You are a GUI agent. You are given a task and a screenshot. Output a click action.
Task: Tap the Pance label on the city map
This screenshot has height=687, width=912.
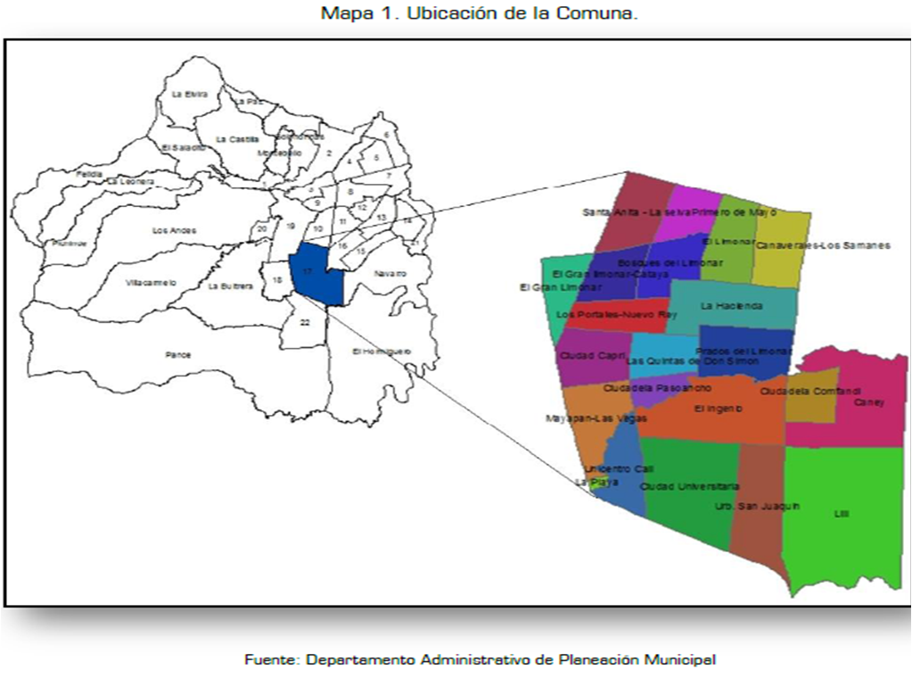[x=178, y=355]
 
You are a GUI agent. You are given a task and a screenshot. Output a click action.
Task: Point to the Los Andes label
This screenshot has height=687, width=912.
[x=174, y=231]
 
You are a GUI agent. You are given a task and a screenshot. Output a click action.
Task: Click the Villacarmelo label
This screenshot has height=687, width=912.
[x=152, y=283]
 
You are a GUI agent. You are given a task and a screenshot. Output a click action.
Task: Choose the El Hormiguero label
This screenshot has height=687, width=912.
[x=382, y=352]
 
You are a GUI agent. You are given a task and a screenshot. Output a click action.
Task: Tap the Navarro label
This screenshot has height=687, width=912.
[x=390, y=273]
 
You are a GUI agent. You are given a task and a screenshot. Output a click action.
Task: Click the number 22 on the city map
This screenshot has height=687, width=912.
[x=305, y=322]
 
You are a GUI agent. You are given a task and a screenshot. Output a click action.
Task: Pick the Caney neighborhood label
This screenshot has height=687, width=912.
[x=868, y=402]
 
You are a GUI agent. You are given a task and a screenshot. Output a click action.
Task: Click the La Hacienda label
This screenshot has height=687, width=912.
[x=731, y=306]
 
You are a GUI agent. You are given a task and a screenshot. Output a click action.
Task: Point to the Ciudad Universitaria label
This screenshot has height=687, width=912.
[x=689, y=486]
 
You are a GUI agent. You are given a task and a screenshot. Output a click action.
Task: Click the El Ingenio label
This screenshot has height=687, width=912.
[x=718, y=409]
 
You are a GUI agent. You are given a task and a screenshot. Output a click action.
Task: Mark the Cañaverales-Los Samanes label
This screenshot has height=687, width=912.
[x=822, y=245]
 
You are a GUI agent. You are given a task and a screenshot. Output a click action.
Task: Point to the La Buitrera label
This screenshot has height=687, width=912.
[x=231, y=286]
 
